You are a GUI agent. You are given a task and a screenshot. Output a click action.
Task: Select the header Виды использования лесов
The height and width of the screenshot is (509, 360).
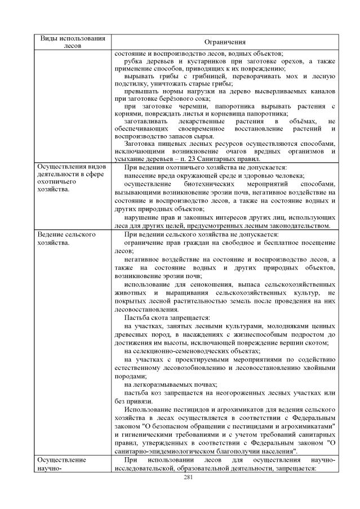[73, 42]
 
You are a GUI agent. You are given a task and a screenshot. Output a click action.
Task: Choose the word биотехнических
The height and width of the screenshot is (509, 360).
[205, 184]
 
